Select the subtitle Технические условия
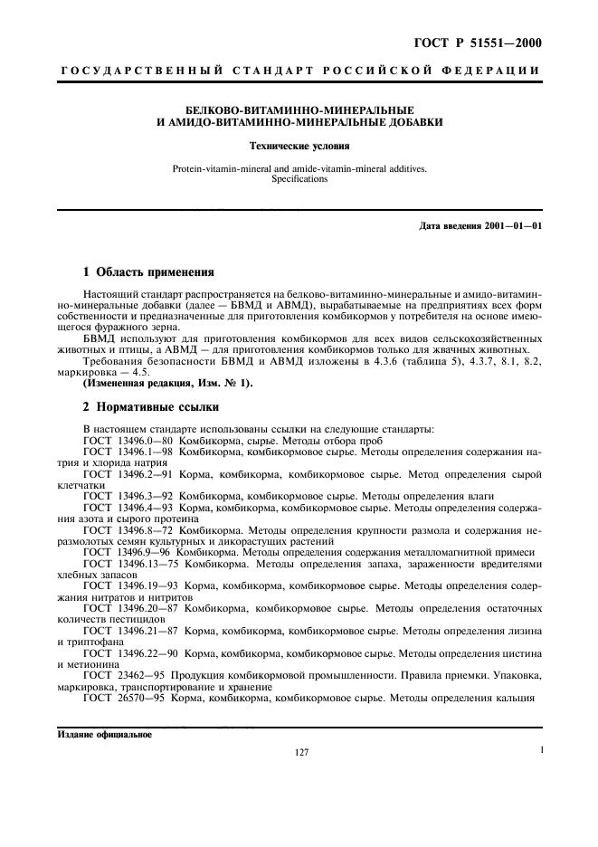(x=299, y=145)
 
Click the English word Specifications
(x=299, y=179)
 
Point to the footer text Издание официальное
(x=105, y=734)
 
